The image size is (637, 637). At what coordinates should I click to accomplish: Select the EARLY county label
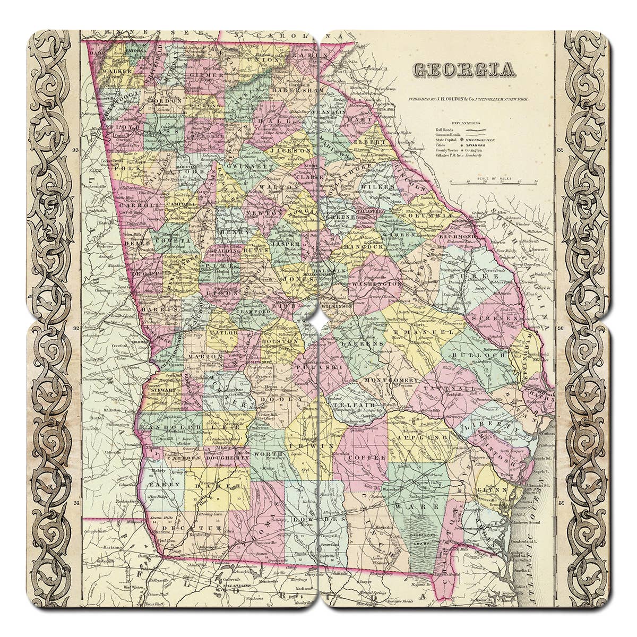coord(160,484)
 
